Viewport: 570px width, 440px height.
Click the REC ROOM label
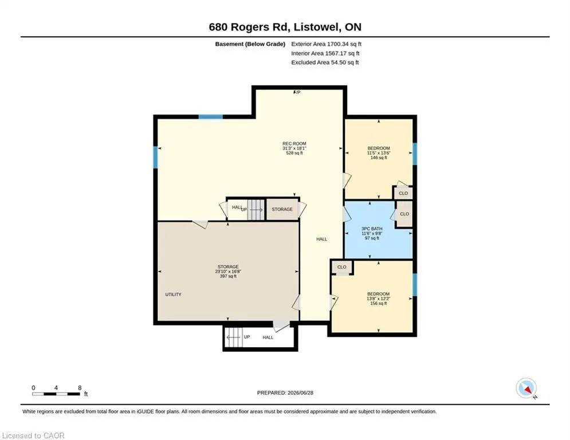pos(294,144)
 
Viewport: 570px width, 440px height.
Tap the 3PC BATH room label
pos(372,229)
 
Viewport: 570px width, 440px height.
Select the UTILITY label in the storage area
pos(173,294)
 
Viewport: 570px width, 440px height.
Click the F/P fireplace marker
pos(297,92)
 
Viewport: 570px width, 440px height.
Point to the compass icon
pos(526,388)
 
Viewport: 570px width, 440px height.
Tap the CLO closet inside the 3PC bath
pos(404,214)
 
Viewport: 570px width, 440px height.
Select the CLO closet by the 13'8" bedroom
pos(341,268)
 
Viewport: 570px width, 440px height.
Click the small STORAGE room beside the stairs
pos(282,210)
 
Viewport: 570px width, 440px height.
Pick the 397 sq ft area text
pos(228,276)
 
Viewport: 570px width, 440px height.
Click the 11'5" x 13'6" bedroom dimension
pos(379,153)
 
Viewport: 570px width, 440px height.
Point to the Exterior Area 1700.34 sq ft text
pos(326,44)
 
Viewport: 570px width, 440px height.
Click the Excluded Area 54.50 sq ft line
pos(325,62)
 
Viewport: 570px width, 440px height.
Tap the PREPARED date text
pos(285,392)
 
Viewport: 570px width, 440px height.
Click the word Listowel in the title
pos(317,27)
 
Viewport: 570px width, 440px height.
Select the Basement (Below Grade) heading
pos(250,44)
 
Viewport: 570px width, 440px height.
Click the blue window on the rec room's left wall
pos(156,157)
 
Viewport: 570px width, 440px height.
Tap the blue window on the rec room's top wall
pos(210,117)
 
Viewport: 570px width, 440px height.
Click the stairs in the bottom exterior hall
pos(234,337)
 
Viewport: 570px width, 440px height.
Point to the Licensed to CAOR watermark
pos(33,435)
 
